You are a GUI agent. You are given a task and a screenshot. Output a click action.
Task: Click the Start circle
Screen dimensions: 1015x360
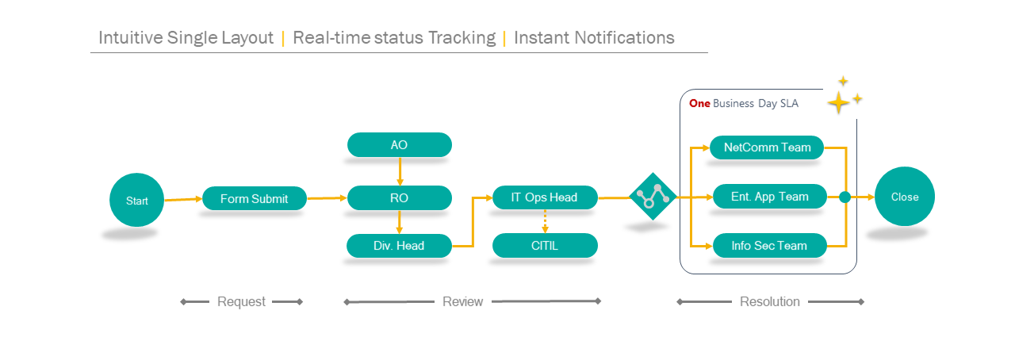tap(137, 200)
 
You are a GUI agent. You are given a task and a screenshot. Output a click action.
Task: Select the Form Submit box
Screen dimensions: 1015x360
tap(255, 198)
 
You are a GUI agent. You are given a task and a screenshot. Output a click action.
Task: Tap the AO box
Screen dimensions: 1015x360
tap(399, 144)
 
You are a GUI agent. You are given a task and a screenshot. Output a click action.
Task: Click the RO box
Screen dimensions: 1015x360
tap(399, 197)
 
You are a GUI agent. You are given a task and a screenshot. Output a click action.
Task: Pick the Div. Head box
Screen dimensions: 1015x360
tap(399, 246)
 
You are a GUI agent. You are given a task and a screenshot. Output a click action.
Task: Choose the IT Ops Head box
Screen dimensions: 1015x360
tap(545, 197)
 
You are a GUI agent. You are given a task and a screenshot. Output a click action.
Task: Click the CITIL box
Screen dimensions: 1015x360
tap(545, 245)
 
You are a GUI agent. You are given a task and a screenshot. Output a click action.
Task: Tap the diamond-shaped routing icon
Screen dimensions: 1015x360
tap(653, 197)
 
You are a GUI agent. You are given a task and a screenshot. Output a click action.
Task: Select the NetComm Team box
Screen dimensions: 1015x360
tap(767, 147)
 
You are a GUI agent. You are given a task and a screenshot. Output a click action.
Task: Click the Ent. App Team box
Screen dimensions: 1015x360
tap(770, 197)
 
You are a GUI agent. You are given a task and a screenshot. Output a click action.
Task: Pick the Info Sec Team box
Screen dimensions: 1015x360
tap(770, 245)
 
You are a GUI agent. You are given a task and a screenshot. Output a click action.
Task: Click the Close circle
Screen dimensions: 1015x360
tap(905, 197)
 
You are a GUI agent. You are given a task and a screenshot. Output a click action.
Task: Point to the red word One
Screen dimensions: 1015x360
tap(699, 103)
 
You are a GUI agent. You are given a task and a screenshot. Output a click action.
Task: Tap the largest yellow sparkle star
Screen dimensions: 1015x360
tap(838, 102)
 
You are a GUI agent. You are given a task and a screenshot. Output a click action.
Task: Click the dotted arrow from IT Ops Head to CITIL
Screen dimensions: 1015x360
tap(545, 221)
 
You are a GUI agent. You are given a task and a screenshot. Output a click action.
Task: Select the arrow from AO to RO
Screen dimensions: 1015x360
tap(400, 171)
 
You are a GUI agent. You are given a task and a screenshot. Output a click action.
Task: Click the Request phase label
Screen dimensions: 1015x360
tap(241, 301)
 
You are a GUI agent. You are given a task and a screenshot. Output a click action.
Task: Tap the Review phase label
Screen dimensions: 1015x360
tap(462, 301)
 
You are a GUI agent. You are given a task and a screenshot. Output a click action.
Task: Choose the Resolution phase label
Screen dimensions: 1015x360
tap(770, 301)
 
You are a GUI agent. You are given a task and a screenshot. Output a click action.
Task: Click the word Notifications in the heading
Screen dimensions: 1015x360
tap(625, 37)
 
